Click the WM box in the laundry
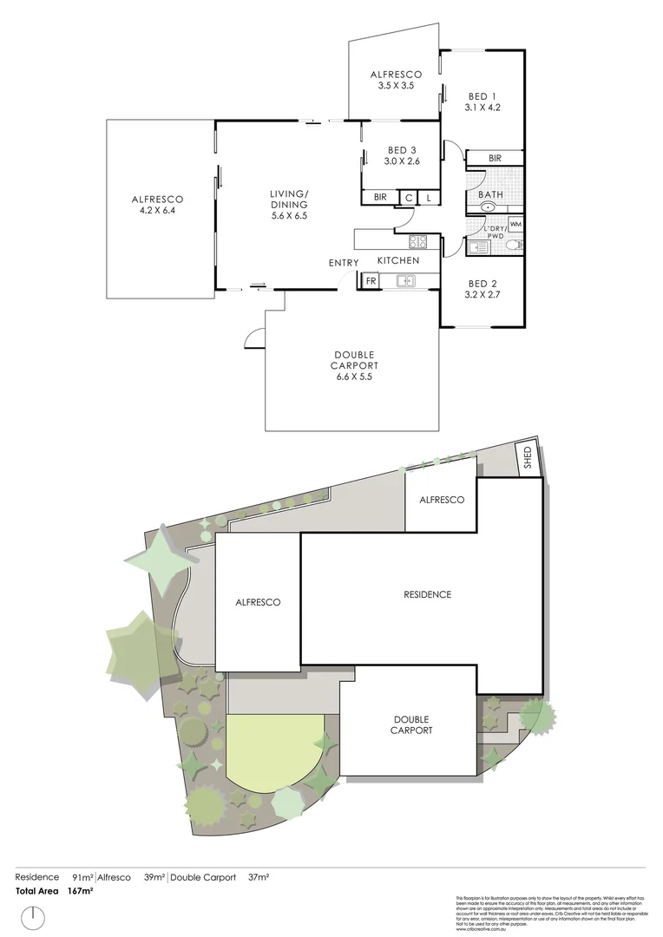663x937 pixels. [x=515, y=225]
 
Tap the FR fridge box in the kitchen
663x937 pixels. [x=371, y=281]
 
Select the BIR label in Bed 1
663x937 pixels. [x=496, y=158]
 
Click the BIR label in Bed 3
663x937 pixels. [x=380, y=198]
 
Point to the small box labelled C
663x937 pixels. [x=409, y=198]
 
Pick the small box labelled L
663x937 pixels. [x=429, y=198]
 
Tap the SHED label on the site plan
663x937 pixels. [x=527, y=458]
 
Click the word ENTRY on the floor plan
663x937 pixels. [x=344, y=263]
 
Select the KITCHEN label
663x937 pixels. [x=398, y=260]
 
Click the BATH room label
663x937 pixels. [x=490, y=195]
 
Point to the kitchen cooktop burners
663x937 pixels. [x=417, y=242]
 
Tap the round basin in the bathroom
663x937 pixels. [x=489, y=207]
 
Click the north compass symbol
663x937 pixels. [x=34, y=915]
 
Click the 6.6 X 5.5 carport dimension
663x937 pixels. [x=353, y=377]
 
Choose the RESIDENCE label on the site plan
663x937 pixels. [x=428, y=594]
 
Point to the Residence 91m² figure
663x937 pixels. [x=84, y=877]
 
